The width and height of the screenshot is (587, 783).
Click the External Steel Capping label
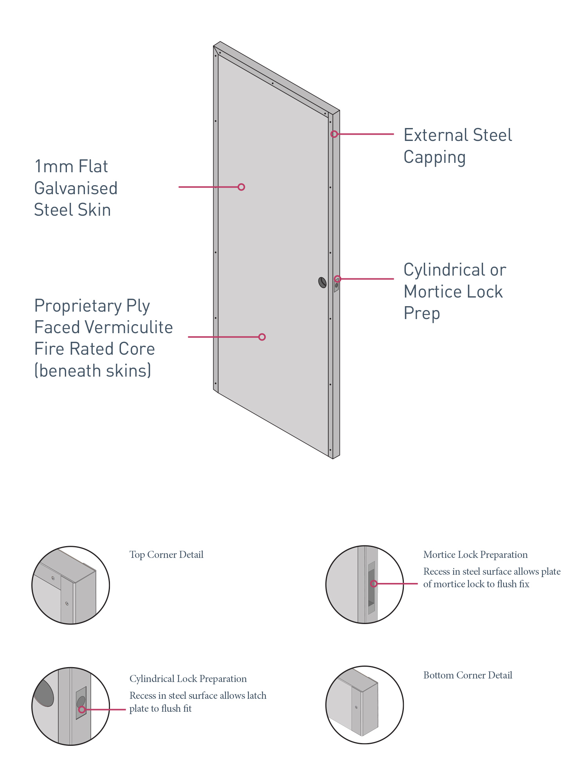coord(457,146)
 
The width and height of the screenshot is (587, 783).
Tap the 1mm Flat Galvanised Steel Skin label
coord(76,188)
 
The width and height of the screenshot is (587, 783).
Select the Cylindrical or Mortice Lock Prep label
coord(455,291)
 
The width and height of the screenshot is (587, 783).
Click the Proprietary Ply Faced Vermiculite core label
coord(103,337)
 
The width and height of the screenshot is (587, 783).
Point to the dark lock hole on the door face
coord(322,282)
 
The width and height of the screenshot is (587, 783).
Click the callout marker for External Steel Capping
coord(334,134)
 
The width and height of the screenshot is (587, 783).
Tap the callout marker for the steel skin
coord(241,187)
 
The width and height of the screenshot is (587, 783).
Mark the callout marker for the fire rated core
coord(262,337)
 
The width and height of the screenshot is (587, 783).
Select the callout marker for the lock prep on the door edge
coord(338,279)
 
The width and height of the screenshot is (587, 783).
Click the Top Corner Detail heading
coord(166,555)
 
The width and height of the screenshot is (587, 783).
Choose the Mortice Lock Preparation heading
coord(475,555)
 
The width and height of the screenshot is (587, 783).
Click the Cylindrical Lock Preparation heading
coord(188,679)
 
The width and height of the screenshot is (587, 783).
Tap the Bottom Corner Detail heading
coord(468,675)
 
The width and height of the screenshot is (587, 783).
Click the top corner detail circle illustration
coord(71,585)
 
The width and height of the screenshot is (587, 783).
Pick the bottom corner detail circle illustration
coord(365,705)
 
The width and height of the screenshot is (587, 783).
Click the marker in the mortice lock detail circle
coord(374,584)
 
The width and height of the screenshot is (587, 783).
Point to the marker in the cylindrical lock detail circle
coord(81,709)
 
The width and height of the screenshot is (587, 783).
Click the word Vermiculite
coord(129,327)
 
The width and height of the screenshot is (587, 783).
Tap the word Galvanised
coord(76,188)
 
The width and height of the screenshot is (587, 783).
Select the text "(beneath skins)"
coord(93,371)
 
